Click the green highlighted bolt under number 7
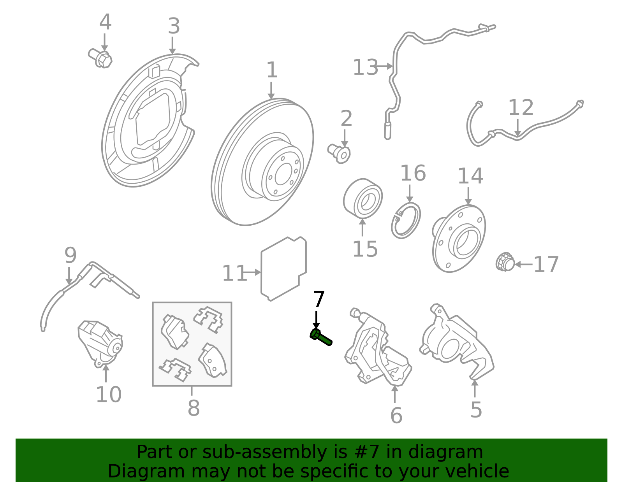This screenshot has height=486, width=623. [321, 337]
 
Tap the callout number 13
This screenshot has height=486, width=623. [365, 67]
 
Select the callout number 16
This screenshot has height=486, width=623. [413, 173]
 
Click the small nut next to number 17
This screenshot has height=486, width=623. [505, 262]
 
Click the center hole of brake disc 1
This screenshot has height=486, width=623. [283, 174]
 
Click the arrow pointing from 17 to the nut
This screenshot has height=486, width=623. [524, 264]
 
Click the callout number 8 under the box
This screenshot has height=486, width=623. [194, 408]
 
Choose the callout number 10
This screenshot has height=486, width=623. [109, 395]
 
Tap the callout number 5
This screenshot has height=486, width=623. [476, 410]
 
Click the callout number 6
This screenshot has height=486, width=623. [396, 416]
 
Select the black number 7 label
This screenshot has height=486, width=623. [319, 299]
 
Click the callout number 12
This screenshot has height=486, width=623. [521, 108]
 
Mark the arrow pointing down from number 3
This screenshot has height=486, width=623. [172, 45]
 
